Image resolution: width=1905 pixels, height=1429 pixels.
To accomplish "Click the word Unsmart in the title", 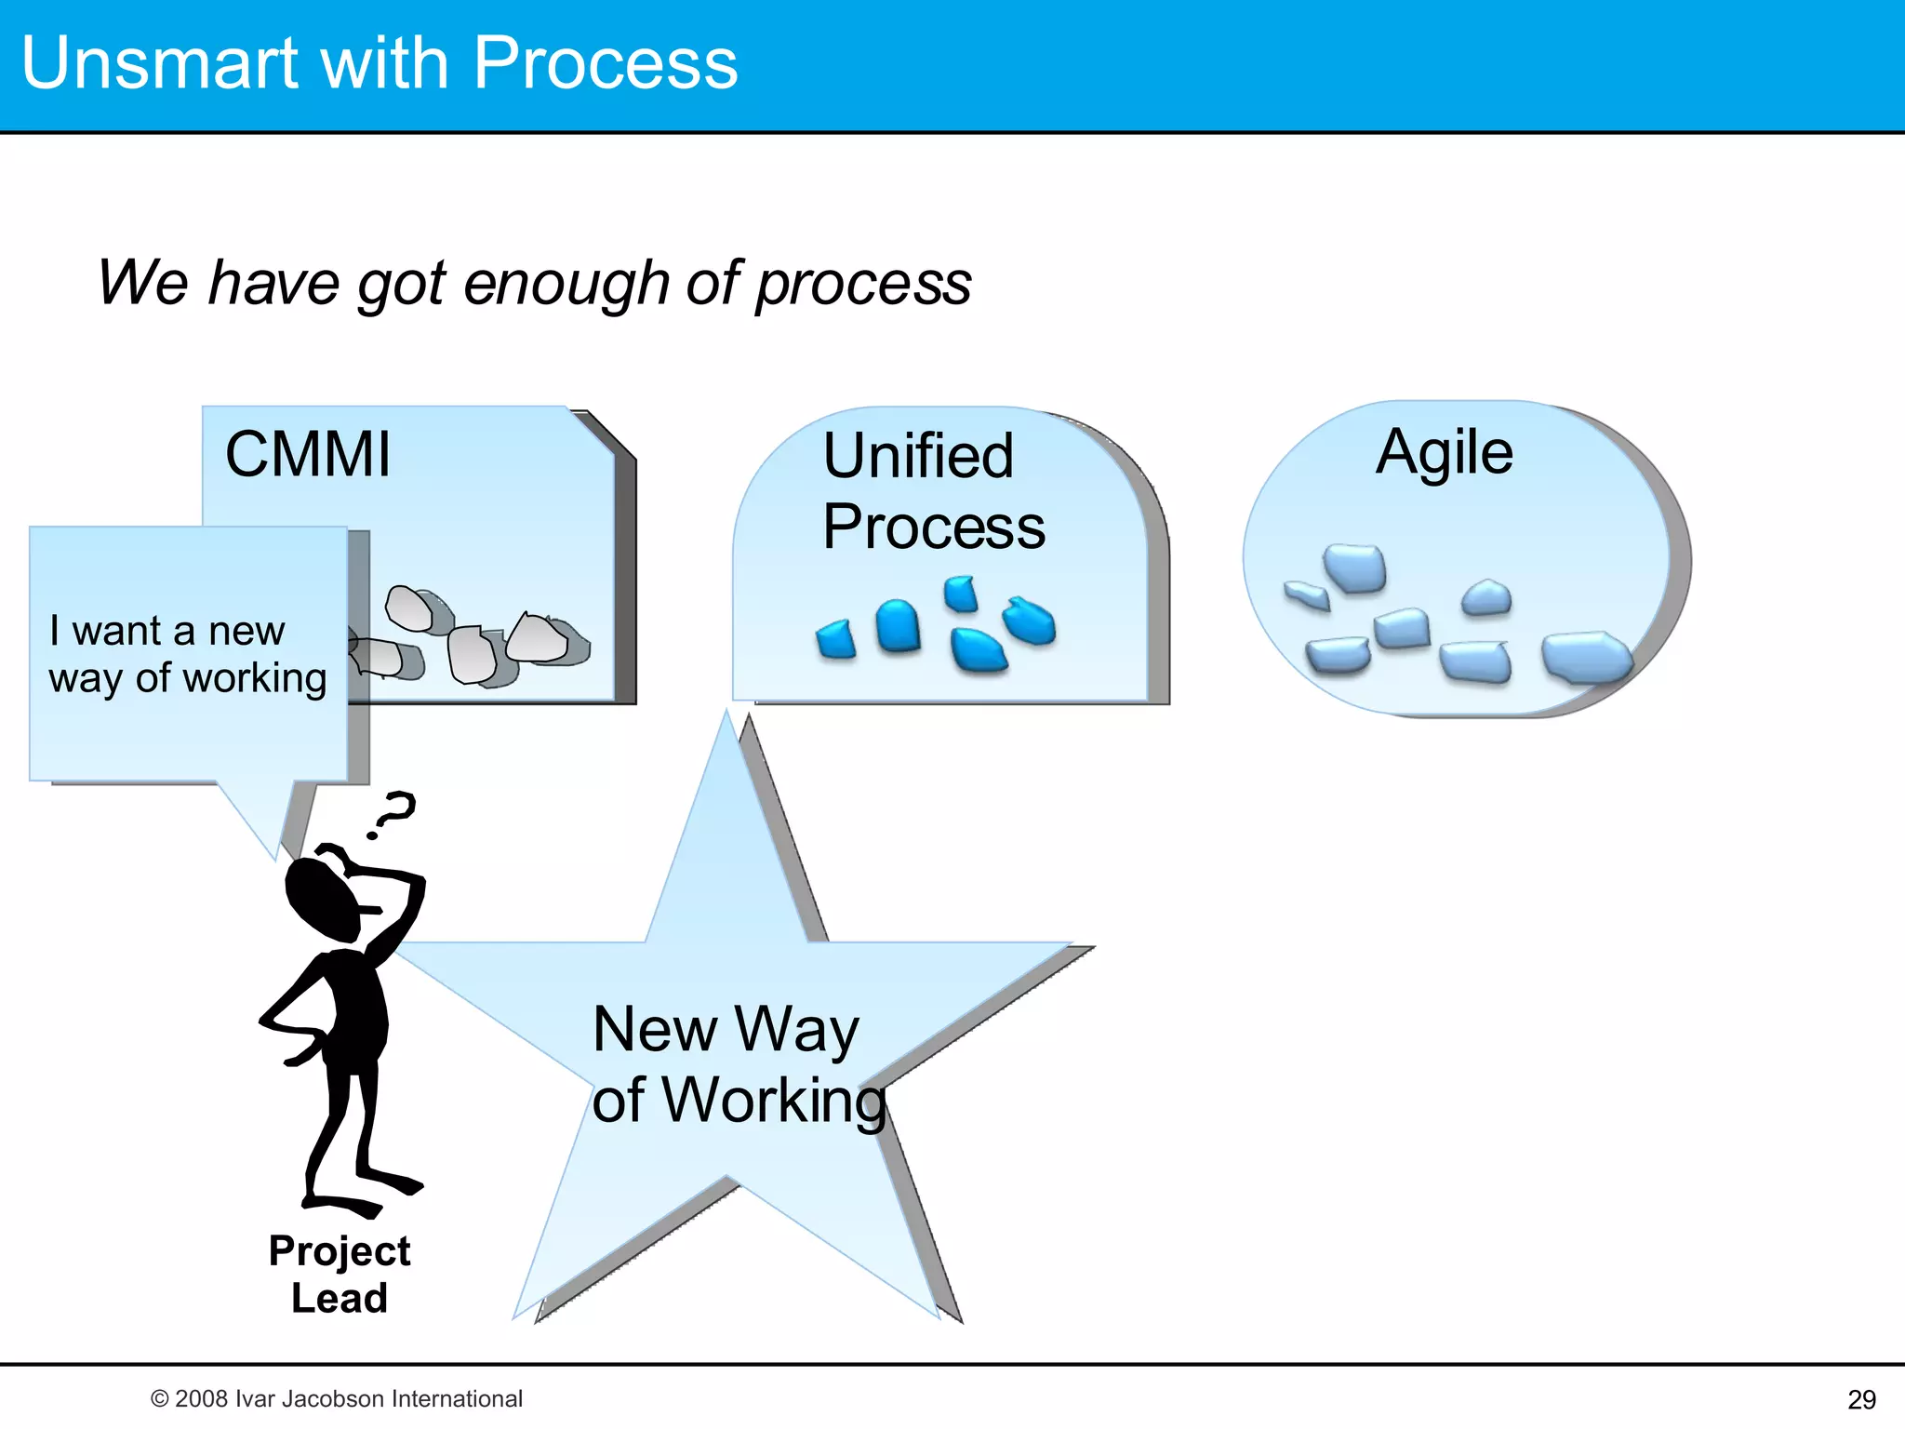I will (x=158, y=63).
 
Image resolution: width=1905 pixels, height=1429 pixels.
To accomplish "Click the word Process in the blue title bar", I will (x=605, y=63).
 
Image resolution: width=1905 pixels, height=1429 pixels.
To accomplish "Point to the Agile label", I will (x=1444, y=453).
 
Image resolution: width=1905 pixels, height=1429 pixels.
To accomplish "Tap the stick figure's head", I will (x=321, y=898).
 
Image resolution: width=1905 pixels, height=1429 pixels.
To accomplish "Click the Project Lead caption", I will (x=339, y=1274).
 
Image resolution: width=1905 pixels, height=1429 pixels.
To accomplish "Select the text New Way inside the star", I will (x=726, y=1030).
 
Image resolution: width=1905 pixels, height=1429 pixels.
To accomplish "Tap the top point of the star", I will (x=727, y=721).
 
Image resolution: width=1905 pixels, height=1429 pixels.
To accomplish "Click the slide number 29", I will (x=1861, y=1399).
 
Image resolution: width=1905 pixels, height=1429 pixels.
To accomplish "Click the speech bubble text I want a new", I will (x=167, y=631).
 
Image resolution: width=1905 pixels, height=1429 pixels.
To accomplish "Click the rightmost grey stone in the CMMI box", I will (x=540, y=637).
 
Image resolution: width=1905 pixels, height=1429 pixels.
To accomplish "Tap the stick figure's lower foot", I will (x=349, y=1207).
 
